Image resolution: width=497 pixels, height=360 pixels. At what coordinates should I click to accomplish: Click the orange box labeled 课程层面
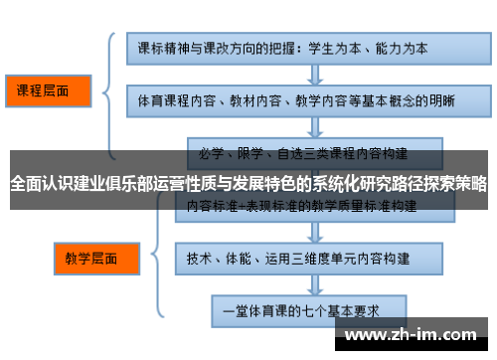point(46,90)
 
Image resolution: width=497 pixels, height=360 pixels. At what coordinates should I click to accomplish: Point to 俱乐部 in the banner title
point(145,183)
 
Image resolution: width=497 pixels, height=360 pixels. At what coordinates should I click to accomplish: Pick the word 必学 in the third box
point(212,154)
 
